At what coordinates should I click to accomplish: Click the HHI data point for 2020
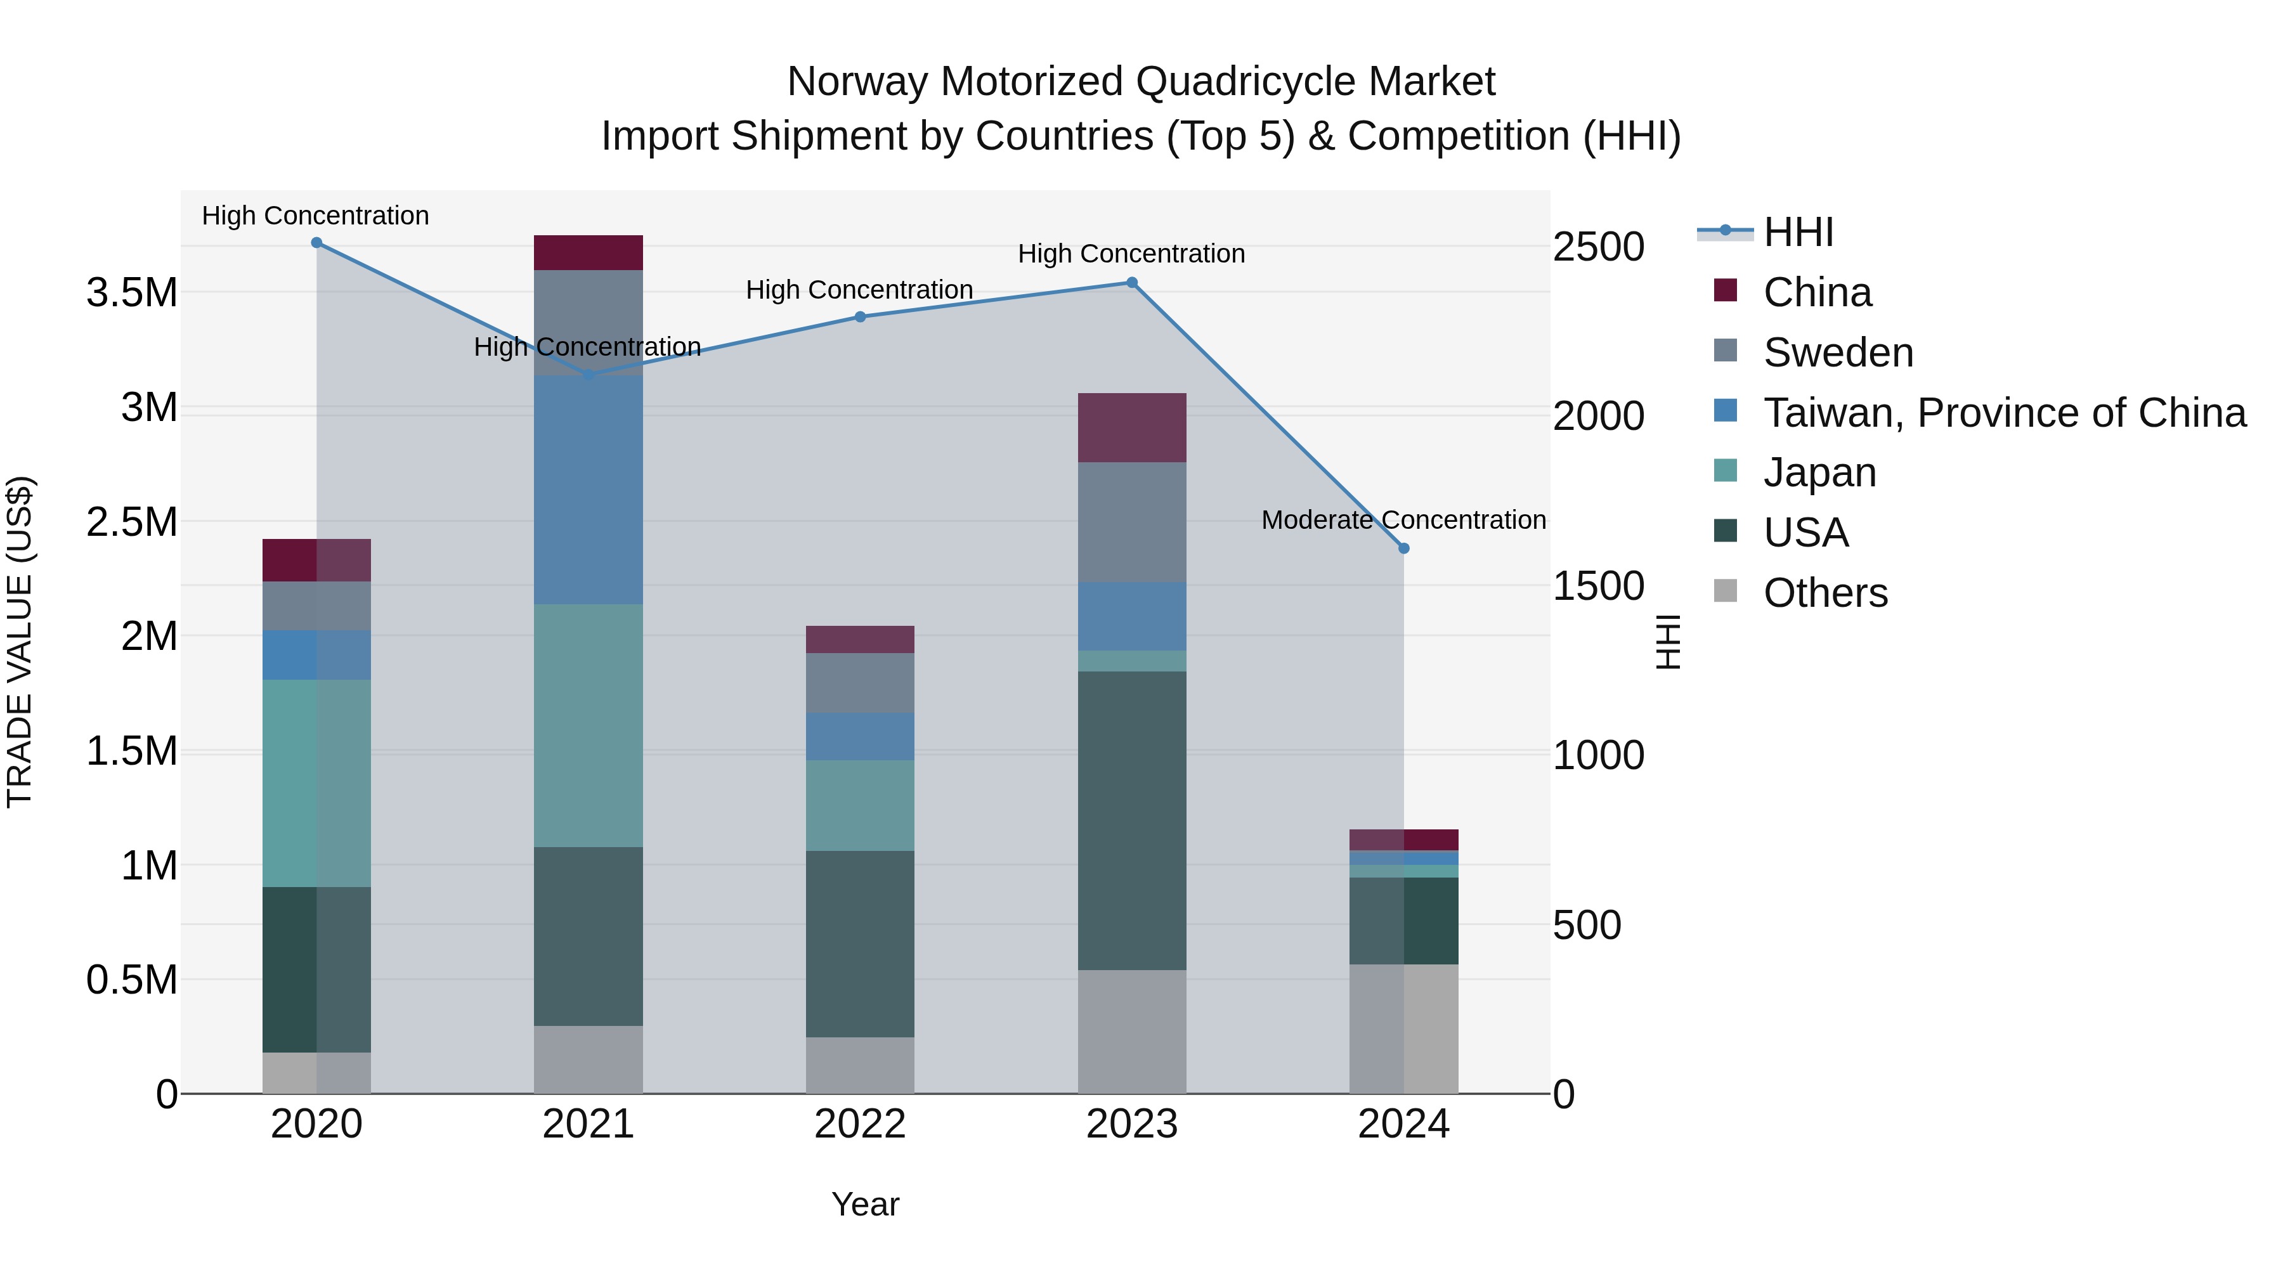point(316,243)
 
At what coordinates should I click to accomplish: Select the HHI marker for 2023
point(1132,283)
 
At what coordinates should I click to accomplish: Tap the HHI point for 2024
point(1404,548)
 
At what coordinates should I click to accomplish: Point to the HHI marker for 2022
point(860,316)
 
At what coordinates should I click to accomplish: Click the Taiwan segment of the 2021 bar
point(589,490)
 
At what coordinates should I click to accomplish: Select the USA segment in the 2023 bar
point(1132,820)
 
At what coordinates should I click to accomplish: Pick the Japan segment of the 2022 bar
point(860,805)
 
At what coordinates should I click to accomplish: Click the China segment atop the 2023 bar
point(1132,427)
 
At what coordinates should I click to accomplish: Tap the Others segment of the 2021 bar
point(589,1059)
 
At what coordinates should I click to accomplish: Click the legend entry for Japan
point(1819,472)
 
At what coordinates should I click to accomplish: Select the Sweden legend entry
point(1837,352)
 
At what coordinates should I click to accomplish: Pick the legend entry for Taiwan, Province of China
point(2003,412)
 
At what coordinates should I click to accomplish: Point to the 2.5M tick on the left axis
point(132,522)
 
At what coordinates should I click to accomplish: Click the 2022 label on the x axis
point(860,1124)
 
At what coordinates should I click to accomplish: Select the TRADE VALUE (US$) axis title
point(20,642)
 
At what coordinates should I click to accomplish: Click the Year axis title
point(865,1204)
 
